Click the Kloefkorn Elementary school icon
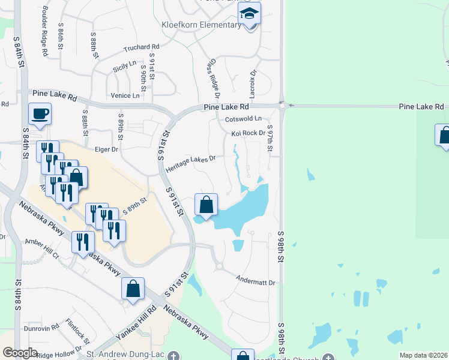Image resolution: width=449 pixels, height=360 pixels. point(249,13)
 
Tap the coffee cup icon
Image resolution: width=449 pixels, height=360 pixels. point(40,113)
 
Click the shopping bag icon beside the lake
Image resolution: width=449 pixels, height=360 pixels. point(206,205)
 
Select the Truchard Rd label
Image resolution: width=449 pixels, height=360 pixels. point(141,47)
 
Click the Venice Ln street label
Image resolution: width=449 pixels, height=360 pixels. point(125,95)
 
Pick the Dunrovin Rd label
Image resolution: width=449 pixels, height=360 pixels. point(41,328)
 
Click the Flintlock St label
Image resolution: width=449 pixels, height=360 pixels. point(78,328)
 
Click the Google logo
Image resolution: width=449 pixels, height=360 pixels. point(20,353)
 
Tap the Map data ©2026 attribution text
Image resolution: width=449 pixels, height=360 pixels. point(423,355)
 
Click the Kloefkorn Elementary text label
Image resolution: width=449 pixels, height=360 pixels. point(201,25)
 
